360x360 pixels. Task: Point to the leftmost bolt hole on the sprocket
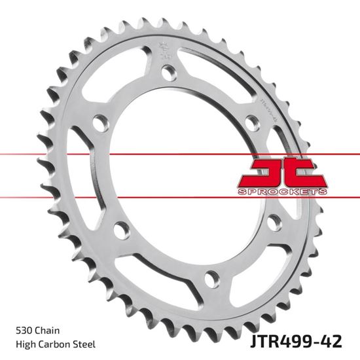(x=99, y=123)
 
